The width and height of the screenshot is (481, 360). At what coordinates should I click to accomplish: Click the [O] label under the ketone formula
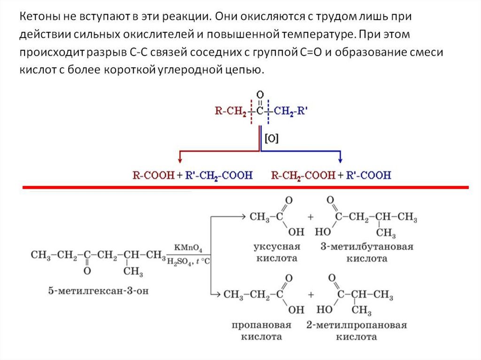(x=272, y=138)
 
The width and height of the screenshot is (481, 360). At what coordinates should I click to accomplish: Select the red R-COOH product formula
(x=149, y=176)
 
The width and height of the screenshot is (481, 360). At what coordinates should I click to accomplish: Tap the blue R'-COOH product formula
(x=368, y=176)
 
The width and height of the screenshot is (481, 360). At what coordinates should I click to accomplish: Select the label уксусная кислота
(x=276, y=253)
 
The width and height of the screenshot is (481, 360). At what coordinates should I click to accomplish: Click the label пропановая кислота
(x=262, y=330)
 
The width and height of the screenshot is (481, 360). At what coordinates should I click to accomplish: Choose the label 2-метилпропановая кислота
(x=356, y=330)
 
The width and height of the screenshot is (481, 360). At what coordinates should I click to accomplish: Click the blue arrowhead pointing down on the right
(x=341, y=159)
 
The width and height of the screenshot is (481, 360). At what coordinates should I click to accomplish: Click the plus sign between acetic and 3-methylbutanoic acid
(x=310, y=217)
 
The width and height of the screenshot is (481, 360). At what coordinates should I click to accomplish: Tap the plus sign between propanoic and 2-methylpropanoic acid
(x=310, y=295)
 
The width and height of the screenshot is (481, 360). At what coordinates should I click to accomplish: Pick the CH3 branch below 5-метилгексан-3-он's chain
(x=133, y=272)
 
